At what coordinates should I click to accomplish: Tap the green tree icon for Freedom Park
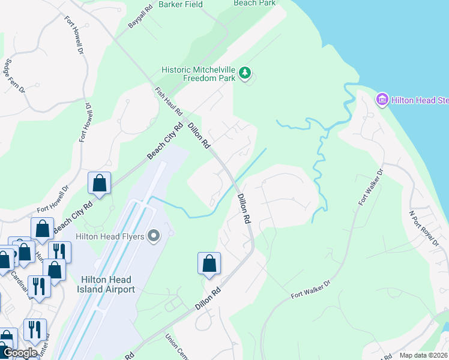(245, 73)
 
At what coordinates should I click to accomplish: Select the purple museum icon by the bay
(381, 99)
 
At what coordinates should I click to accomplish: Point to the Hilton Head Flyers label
(110, 236)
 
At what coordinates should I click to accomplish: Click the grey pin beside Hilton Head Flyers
(154, 236)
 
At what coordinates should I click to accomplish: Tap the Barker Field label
(181, 4)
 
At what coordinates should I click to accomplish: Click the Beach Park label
(255, 3)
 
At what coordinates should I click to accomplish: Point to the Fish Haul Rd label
(168, 101)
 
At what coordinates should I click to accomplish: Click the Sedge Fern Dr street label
(14, 75)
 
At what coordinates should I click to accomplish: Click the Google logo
(20, 353)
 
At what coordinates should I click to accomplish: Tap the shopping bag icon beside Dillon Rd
(209, 263)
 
